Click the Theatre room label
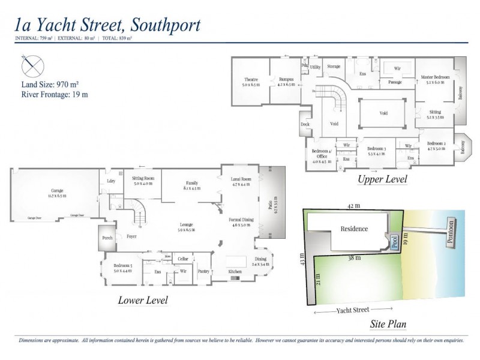point(251,80)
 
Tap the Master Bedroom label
point(435,77)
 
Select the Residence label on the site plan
point(354,229)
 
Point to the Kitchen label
point(235,272)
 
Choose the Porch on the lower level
point(107,238)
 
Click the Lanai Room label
point(241,179)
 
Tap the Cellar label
point(183,259)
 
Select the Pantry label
point(203,271)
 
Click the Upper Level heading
point(382,179)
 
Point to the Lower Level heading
point(143,300)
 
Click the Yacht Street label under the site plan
point(353,310)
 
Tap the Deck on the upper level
point(305,125)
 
